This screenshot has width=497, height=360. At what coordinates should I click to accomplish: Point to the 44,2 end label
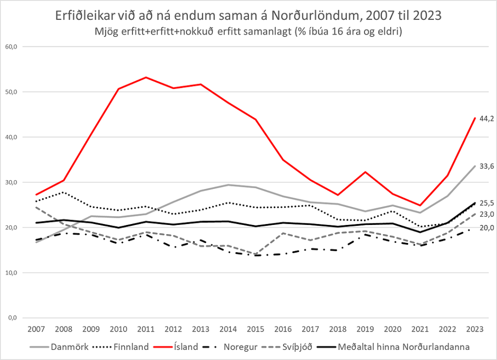point(486,118)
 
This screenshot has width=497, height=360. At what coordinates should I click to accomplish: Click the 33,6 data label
point(486,166)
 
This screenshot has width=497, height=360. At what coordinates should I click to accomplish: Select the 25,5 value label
point(486,203)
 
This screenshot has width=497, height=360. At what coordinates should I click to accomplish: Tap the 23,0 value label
point(486,214)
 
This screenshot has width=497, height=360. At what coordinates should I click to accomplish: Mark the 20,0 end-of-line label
point(486,228)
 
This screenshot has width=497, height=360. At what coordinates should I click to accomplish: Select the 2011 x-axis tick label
point(146,329)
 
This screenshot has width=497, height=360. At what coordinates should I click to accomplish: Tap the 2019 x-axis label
point(365,329)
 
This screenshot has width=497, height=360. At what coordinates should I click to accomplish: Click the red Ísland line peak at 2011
point(146,77)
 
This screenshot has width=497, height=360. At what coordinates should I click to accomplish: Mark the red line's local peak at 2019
point(365,172)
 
